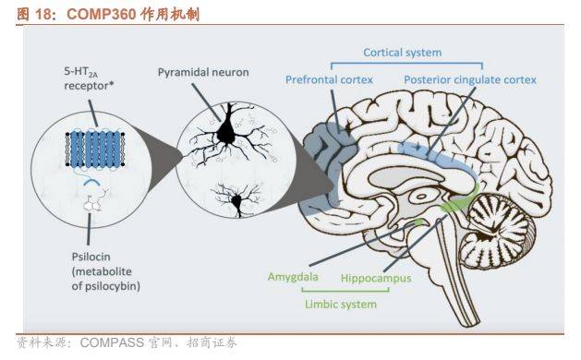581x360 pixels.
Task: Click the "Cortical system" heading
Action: click(402, 54)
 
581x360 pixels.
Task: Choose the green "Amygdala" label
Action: click(293, 275)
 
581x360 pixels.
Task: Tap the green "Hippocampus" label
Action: click(376, 277)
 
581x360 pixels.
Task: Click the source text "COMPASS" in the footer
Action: click(114, 344)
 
